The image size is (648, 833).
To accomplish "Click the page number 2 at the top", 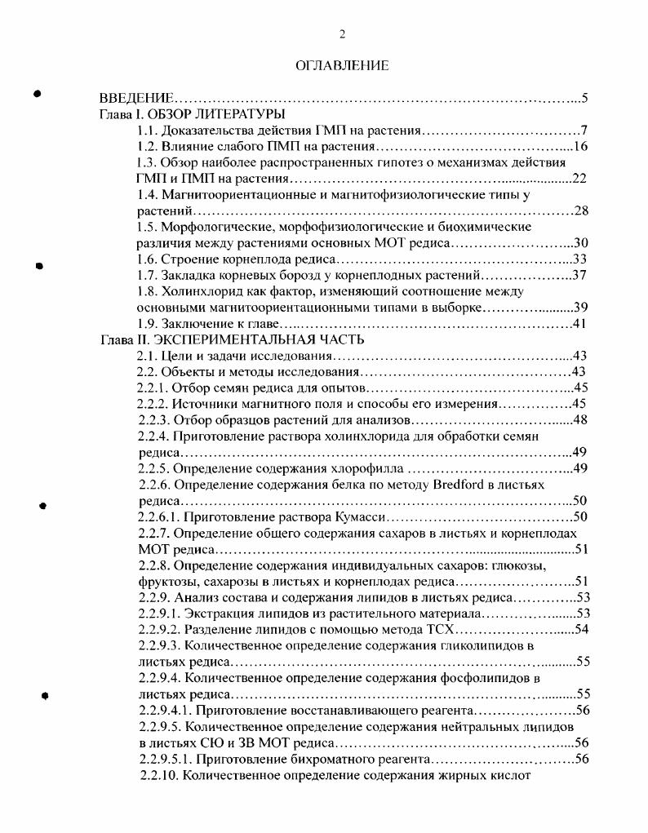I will point(343,33).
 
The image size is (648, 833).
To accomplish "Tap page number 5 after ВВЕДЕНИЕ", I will point(585,100).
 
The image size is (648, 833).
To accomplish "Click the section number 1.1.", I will point(148,131).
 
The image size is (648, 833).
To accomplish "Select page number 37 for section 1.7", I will point(580,275).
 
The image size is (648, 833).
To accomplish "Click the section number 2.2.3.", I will point(153,420).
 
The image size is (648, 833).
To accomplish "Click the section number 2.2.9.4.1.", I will point(164,710).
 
